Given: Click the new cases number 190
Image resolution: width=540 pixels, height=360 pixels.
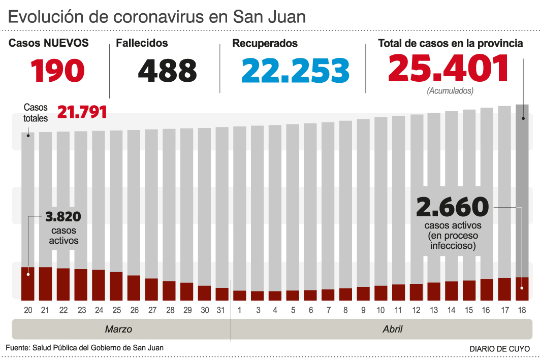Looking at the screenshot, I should pyautogui.click(x=58, y=71).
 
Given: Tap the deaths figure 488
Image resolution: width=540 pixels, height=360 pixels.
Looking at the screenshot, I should pyautogui.click(x=167, y=71).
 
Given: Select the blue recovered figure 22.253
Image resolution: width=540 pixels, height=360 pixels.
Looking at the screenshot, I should pyautogui.click(x=295, y=71).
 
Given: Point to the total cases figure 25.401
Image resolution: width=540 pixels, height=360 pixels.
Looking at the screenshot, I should pyautogui.click(x=449, y=69).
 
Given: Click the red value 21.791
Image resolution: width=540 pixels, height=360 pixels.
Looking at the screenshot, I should pyautogui.click(x=82, y=112).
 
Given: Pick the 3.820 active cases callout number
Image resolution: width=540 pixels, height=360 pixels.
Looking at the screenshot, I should pyautogui.click(x=63, y=217).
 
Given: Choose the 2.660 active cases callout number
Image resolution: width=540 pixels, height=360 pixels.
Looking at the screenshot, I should pyautogui.click(x=452, y=207).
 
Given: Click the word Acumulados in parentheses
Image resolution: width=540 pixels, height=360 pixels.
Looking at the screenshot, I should pyautogui.click(x=450, y=91).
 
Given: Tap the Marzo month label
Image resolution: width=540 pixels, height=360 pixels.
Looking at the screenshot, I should pyautogui.click(x=118, y=329).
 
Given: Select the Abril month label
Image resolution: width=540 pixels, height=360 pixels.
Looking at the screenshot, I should pyautogui.click(x=392, y=329).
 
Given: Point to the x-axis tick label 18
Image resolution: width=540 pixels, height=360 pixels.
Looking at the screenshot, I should pyautogui.click(x=522, y=310).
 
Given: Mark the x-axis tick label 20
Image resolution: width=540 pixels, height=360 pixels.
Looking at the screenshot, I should pyautogui.click(x=28, y=310).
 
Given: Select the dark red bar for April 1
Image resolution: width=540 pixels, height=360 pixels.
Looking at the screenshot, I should pyautogui.click(x=240, y=295).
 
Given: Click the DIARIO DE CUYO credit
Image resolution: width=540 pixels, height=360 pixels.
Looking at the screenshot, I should pyautogui.click(x=499, y=349).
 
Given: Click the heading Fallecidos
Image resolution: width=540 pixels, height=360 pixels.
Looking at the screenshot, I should pyautogui.click(x=142, y=44).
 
